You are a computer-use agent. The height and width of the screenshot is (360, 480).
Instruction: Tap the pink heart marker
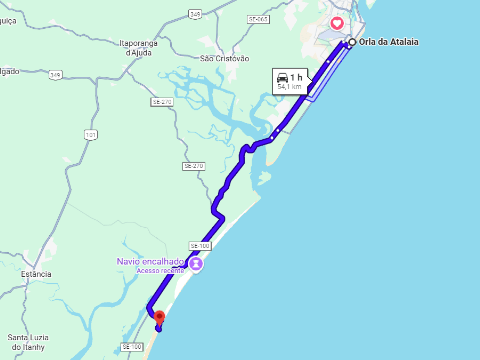point(337,23)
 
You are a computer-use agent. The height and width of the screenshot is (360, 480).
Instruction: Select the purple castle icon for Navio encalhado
point(196,264)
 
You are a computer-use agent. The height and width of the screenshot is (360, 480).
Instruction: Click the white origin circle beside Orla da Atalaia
point(352,42)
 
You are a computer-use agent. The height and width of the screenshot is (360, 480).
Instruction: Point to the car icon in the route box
point(282,78)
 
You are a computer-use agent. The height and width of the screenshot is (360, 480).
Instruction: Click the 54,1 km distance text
point(289,87)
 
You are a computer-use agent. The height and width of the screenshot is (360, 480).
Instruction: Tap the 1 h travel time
point(296,78)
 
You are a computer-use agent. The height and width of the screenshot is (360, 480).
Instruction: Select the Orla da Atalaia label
point(389,42)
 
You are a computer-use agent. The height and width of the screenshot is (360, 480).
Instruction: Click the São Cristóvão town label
point(224,59)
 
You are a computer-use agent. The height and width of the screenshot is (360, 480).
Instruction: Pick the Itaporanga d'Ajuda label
point(139,48)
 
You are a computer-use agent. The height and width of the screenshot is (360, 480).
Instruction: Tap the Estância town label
point(36,274)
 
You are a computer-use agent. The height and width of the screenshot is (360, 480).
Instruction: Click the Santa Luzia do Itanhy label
point(28,342)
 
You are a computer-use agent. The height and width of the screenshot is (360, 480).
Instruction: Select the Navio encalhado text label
point(150,262)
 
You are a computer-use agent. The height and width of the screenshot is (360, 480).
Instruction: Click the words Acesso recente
point(160,271)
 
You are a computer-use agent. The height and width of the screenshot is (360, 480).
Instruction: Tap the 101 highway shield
point(91,135)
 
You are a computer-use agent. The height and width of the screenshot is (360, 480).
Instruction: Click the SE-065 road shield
point(258,19)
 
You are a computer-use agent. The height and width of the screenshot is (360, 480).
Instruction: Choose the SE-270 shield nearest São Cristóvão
point(162,102)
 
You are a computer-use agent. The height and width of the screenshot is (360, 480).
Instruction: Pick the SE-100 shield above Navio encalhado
point(200,246)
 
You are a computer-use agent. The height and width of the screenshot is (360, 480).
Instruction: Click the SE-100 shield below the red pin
point(132,347)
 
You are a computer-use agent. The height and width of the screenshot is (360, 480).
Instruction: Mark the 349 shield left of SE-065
point(195,14)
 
